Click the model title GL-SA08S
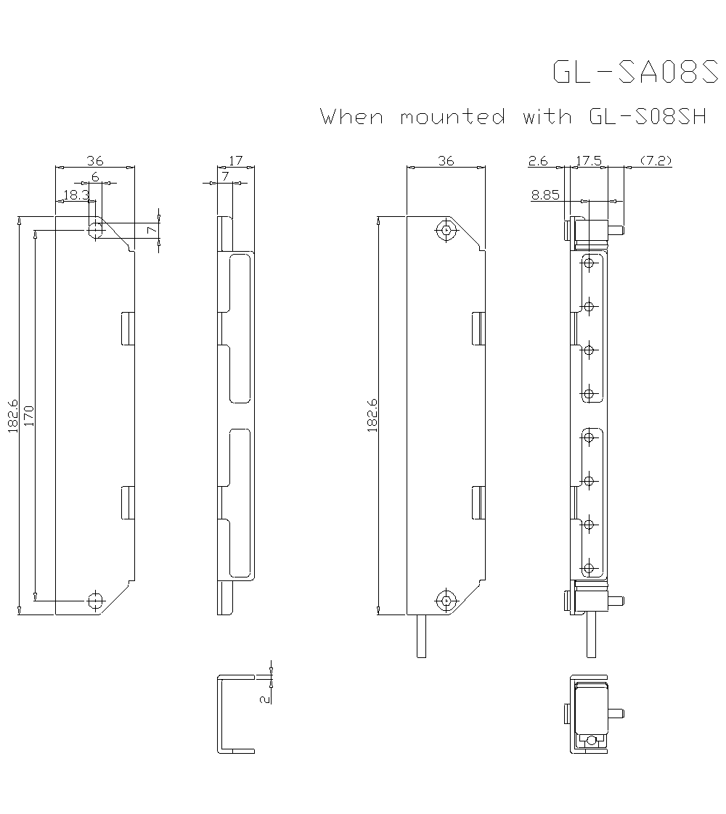pos(635,72)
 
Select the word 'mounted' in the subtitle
pos(452,116)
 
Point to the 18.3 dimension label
pos(76,194)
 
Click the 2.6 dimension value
pos(538,161)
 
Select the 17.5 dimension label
pos(588,161)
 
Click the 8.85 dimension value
pos(544,194)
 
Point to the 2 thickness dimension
pos(265,697)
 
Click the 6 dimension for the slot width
pos(95,177)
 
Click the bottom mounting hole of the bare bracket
pos(95,600)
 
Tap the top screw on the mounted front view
pos(446,231)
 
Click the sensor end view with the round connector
pos(591,714)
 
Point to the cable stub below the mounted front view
pos(421,636)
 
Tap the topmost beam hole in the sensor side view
pos(590,262)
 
